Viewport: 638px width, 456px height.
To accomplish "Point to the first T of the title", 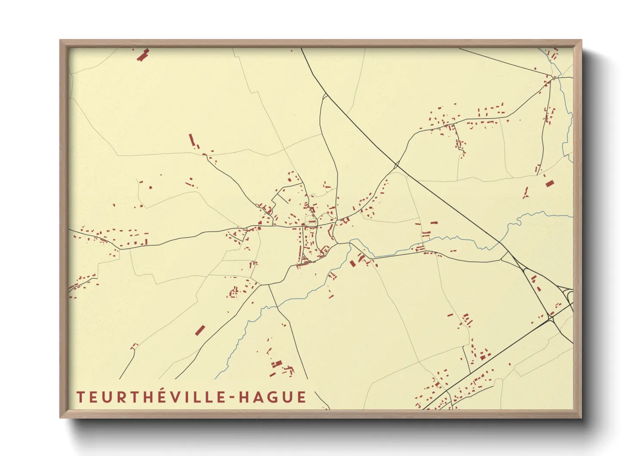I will pyautogui.click(x=81, y=397).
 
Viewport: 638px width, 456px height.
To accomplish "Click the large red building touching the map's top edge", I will pyautogui.click(x=143, y=55).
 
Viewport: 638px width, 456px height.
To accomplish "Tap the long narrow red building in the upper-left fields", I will pyautogui.click(x=192, y=140).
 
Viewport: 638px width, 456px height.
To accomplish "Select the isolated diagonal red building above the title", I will pyautogui.click(x=200, y=330).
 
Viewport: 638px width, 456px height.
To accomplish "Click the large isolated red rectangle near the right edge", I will pyautogui.click(x=548, y=184).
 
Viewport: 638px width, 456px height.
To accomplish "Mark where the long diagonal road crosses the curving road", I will pyautogui.click(x=396, y=164).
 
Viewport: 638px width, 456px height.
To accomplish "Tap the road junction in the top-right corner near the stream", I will pyautogui.click(x=552, y=78).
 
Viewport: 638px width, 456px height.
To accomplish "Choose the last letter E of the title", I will pyautogui.click(x=301, y=397).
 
